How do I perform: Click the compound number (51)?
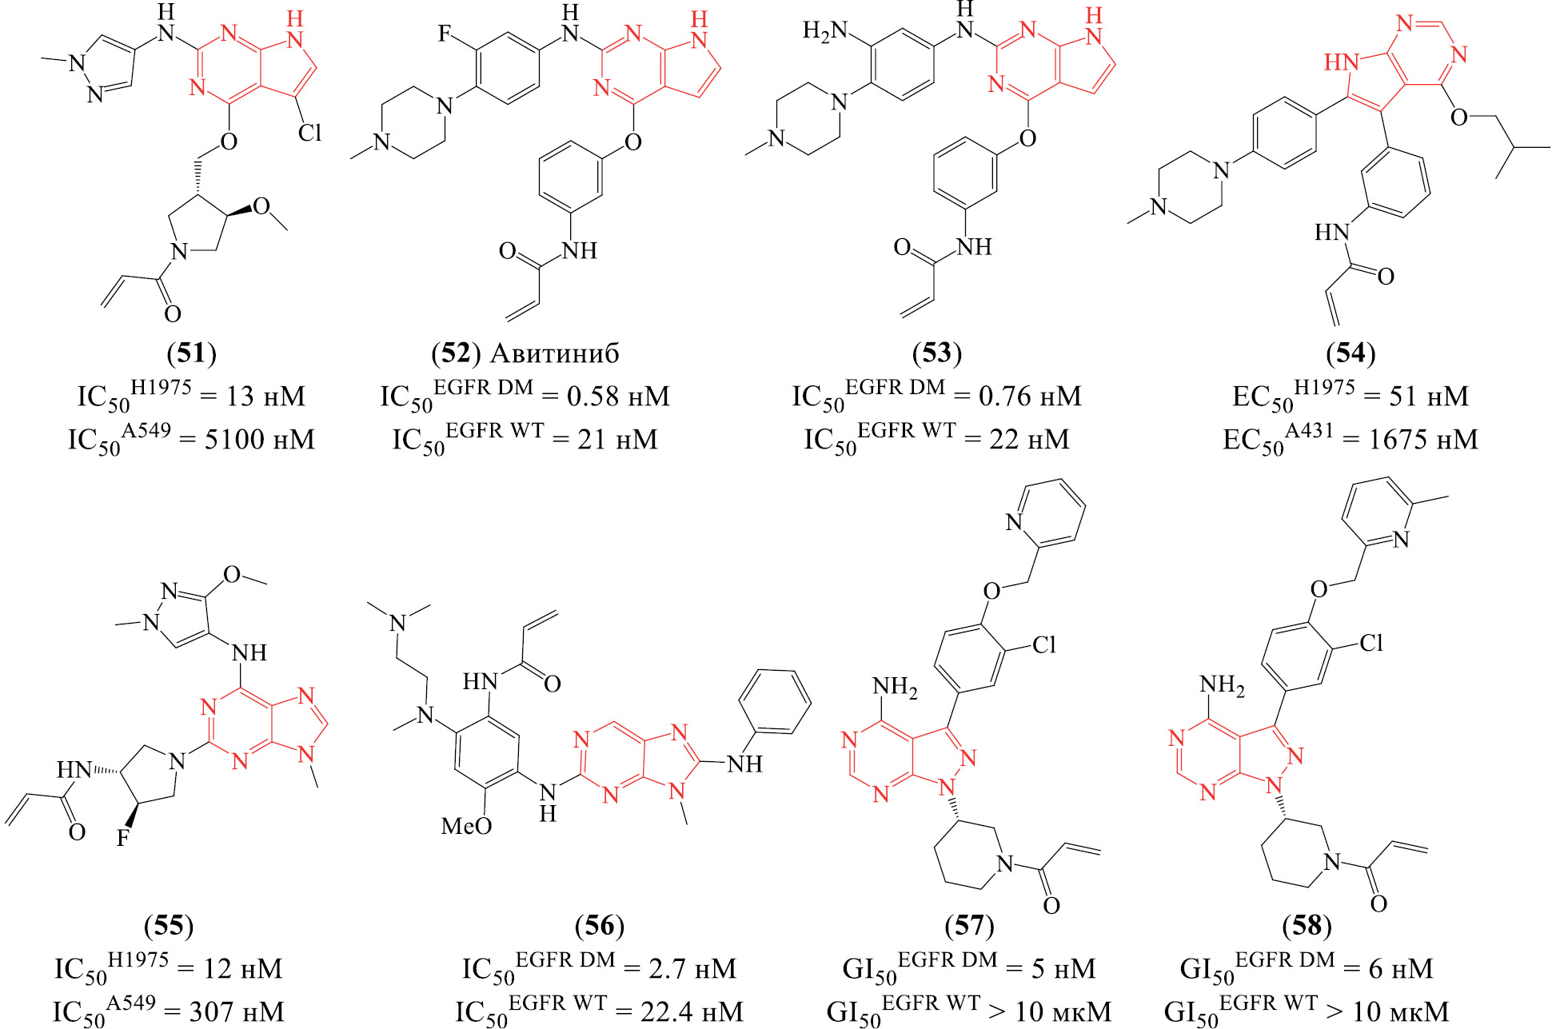coord(191,353)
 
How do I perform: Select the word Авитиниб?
coord(554,353)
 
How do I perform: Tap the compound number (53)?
coord(936,353)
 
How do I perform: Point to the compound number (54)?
coord(1351,353)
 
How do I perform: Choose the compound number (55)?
coord(169,925)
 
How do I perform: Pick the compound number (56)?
coord(599,925)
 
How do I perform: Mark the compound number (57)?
coord(969,925)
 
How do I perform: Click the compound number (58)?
coord(1307,925)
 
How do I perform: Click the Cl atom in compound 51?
coord(309,133)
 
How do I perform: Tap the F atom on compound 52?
coord(445,34)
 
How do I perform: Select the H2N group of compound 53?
coord(824,31)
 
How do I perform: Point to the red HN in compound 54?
coord(1340,62)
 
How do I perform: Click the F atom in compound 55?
coord(123,838)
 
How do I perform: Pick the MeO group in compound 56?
coord(466,826)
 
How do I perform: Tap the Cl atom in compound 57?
coord(1044,644)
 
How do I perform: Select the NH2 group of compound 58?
coord(1222,684)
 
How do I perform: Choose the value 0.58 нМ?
coord(617,396)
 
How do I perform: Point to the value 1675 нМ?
coord(1422,439)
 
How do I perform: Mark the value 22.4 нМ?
coord(691,1011)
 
